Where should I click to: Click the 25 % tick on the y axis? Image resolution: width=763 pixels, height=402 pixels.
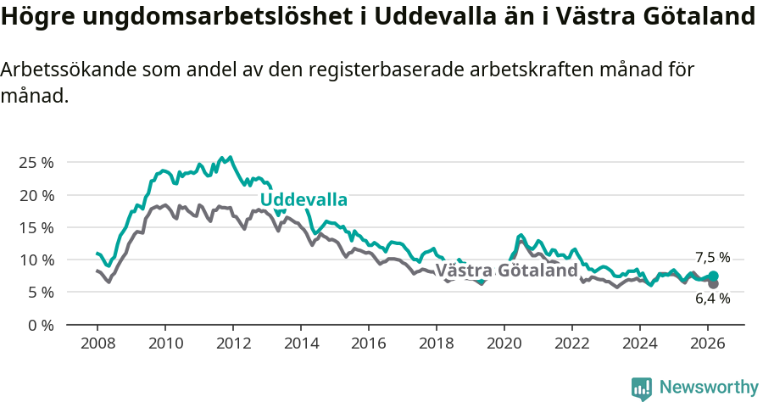coord(36,162)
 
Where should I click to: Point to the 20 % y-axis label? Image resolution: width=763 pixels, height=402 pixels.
coord(36,195)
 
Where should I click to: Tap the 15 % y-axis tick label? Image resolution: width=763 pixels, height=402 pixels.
coord(36,227)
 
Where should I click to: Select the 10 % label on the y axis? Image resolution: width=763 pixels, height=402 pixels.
coord(36,260)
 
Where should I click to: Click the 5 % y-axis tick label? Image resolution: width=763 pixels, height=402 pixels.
coord(41,292)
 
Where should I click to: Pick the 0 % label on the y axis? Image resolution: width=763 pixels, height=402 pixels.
coord(41,325)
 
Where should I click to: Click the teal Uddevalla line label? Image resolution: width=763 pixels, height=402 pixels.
coord(304,200)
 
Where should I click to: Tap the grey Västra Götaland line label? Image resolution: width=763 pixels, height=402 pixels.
coord(506,271)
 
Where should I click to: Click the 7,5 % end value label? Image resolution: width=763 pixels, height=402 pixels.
coord(712,258)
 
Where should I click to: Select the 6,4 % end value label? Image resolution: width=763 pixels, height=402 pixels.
coord(712,299)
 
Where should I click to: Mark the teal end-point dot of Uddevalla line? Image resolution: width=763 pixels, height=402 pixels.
coord(713,276)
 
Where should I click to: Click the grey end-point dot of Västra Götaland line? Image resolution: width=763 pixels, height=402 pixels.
coord(713,283)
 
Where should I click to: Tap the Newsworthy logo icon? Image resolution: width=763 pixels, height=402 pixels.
coord(642,388)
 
